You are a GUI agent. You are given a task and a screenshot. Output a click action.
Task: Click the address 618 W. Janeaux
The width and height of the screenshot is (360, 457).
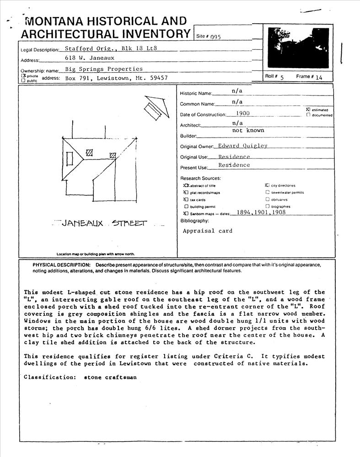tap(90, 58)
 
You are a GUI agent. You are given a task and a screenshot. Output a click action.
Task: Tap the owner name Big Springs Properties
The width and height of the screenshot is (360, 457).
tap(104, 69)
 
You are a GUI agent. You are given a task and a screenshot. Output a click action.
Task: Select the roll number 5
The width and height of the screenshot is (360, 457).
tap(282, 78)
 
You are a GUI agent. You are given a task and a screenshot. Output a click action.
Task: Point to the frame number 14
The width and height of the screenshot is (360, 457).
tap(318, 78)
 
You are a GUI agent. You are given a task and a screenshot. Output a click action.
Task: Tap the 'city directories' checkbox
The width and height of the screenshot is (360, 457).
tap(267, 186)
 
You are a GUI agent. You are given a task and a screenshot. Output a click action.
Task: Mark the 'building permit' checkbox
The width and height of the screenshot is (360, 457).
tap(186, 207)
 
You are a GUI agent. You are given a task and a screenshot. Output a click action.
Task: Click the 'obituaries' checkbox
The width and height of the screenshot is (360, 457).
tap(267, 199)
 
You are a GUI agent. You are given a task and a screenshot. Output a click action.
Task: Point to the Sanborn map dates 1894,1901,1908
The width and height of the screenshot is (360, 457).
tap(258, 213)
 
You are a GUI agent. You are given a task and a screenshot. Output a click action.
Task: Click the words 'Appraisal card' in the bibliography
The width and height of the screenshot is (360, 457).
tap(207, 231)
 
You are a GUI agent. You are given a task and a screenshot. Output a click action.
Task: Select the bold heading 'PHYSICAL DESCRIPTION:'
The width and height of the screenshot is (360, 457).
tap(62, 265)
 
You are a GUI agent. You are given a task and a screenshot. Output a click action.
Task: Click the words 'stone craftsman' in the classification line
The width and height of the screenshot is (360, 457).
tap(110, 377)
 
